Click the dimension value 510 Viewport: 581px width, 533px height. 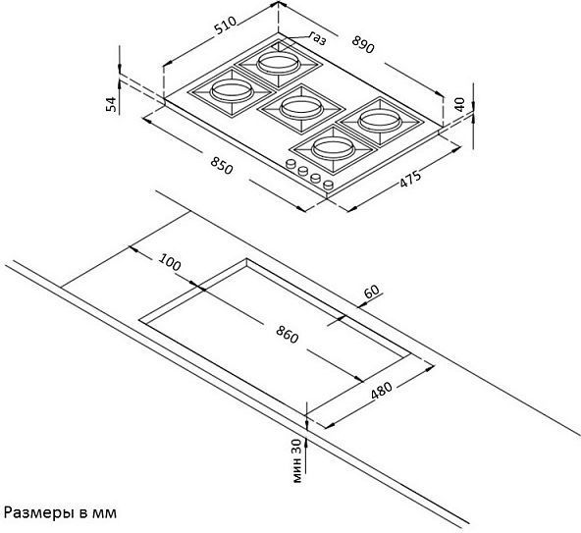226,26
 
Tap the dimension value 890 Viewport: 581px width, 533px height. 363,44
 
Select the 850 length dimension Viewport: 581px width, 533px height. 222,165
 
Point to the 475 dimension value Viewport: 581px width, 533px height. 410,179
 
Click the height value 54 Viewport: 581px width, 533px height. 111,104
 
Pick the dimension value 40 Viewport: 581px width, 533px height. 459,104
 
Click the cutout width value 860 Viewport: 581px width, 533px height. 288,335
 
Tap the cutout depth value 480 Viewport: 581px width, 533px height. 381,390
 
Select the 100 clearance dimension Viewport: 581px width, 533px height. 170,262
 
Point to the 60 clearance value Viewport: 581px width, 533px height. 372,291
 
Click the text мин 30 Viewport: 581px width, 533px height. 297,461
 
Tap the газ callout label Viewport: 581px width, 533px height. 318,38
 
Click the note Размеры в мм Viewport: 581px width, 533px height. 60,512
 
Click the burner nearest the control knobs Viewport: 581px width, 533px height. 333,149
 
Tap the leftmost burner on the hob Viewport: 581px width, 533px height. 232,92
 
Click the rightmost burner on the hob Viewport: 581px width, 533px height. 381,121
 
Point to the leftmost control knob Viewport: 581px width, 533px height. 291,164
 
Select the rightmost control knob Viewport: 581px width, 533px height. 329,185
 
